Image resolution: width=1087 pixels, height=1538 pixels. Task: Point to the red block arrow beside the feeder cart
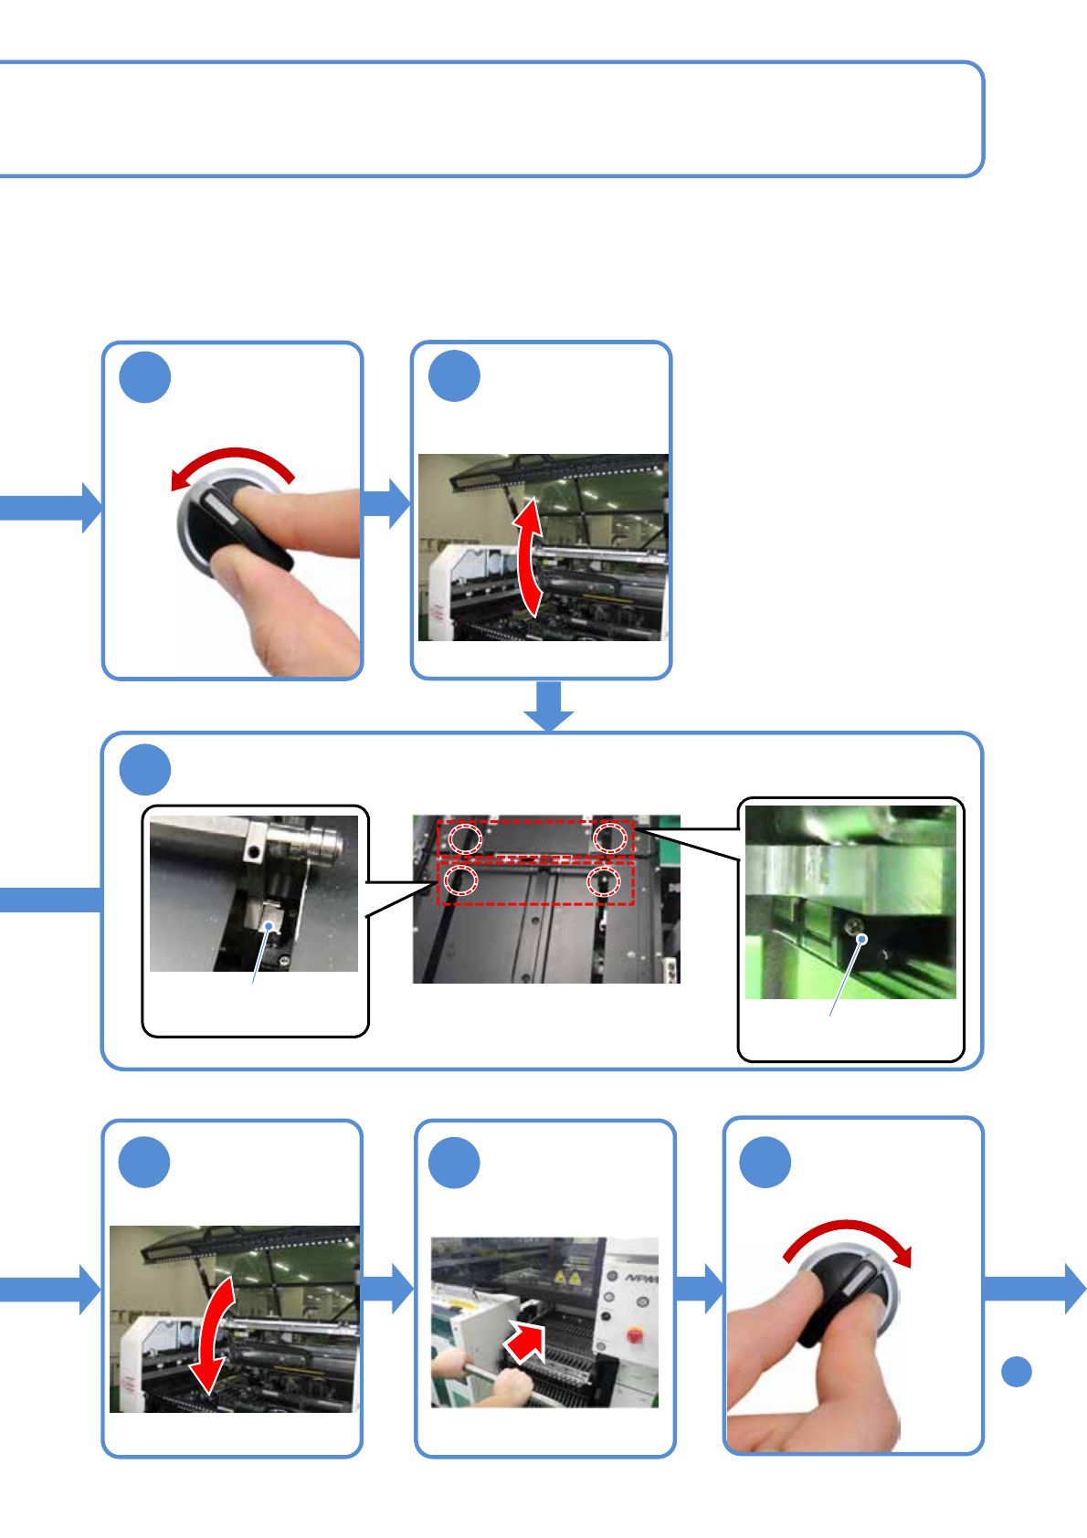(526, 1342)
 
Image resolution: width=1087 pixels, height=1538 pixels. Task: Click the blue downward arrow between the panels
(549, 706)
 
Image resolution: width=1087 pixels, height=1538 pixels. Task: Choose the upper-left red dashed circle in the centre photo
(464, 837)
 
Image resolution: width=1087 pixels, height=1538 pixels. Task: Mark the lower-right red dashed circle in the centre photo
(603, 881)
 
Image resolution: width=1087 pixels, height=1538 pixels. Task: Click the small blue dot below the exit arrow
(1016, 1372)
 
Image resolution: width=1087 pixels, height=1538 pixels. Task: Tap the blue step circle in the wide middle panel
(145, 770)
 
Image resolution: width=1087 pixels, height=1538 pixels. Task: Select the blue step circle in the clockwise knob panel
(765, 1163)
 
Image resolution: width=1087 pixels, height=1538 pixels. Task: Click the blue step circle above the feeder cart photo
(454, 1164)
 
